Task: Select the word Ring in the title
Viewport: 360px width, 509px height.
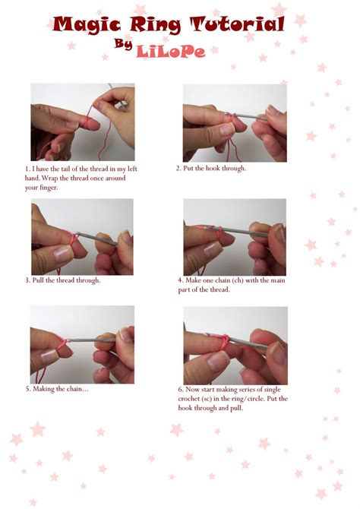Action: coord(157,26)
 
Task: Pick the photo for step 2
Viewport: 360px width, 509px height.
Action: coord(235,122)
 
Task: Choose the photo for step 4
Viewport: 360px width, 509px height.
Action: coord(235,237)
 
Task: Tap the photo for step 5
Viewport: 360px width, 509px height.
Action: coord(82,344)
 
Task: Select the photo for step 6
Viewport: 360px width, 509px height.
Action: coord(235,345)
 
